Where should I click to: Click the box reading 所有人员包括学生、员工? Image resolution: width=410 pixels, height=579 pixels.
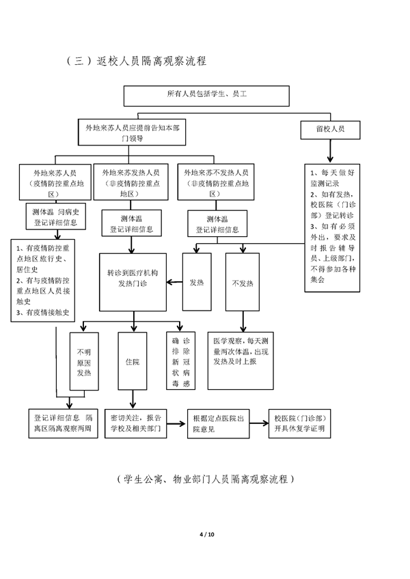[x=206, y=96]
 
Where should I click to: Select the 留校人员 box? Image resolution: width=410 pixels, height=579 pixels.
[x=330, y=130]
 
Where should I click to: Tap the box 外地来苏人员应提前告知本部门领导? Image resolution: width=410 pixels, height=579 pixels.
[x=132, y=132]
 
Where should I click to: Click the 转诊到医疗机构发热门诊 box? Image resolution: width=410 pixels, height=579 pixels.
[x=133, y=282]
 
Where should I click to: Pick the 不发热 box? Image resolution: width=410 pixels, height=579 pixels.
[x=243, y=282]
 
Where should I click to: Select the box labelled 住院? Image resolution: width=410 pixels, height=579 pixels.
[x=133, y=361]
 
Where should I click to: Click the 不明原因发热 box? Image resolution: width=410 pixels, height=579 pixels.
[x=84, y=361]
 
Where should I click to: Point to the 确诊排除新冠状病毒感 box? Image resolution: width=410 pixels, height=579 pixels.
[x=181, y=361]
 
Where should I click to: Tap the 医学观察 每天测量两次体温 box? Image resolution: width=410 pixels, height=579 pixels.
[x=241, y=361]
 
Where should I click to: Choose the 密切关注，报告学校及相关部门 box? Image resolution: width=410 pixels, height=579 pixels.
[x=136, y=423]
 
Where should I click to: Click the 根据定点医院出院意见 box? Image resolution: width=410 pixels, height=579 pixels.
[x=218, y=423]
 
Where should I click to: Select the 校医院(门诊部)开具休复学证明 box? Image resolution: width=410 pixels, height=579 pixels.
[x=299, y=423]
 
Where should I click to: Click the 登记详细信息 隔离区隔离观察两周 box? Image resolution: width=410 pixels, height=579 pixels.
[x=64, y=423]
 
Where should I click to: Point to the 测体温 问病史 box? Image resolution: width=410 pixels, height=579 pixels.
[x=56, y=216]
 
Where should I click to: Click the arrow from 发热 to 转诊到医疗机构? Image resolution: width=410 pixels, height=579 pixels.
[x=174, y=283]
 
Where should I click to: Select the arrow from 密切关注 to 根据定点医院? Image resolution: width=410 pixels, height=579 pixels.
[x=176, y=423]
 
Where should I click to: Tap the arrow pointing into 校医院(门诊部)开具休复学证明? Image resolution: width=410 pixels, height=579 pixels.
[x=259, y=423]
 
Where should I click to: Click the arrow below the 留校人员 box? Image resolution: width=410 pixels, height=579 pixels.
[x=330, y=151]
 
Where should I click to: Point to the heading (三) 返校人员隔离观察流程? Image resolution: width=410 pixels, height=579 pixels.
[x=137, y=61]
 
